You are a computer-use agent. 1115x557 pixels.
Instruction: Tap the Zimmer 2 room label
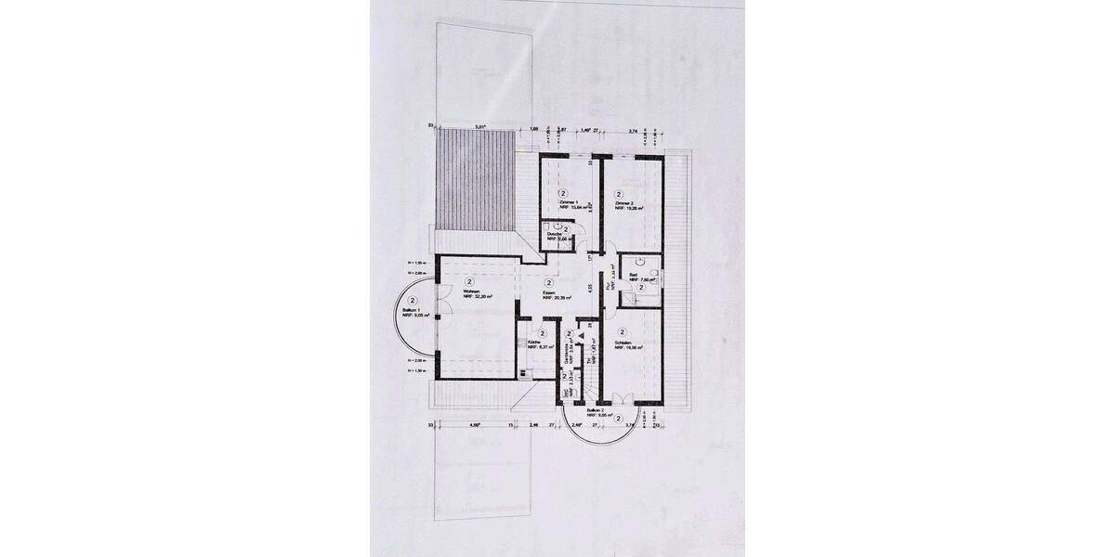[x=623, y=201]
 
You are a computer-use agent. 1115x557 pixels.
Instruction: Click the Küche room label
[x=534, y=343]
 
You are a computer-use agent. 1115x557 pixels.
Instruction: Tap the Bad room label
[x=633, y=276]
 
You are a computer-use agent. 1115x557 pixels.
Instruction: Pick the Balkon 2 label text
[x=597, y=409]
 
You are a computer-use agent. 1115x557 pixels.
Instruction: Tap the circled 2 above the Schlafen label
[x=623, y=331]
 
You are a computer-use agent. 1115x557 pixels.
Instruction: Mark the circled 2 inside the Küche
[x=541, y=332]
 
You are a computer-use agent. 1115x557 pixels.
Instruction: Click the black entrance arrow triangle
[x=582, y=337]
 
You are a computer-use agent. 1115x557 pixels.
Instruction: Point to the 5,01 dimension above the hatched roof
[x=479, y=126]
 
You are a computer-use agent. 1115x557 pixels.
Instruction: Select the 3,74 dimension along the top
[x=634, y=131]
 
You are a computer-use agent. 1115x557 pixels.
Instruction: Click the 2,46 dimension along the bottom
[x=533, y=424]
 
